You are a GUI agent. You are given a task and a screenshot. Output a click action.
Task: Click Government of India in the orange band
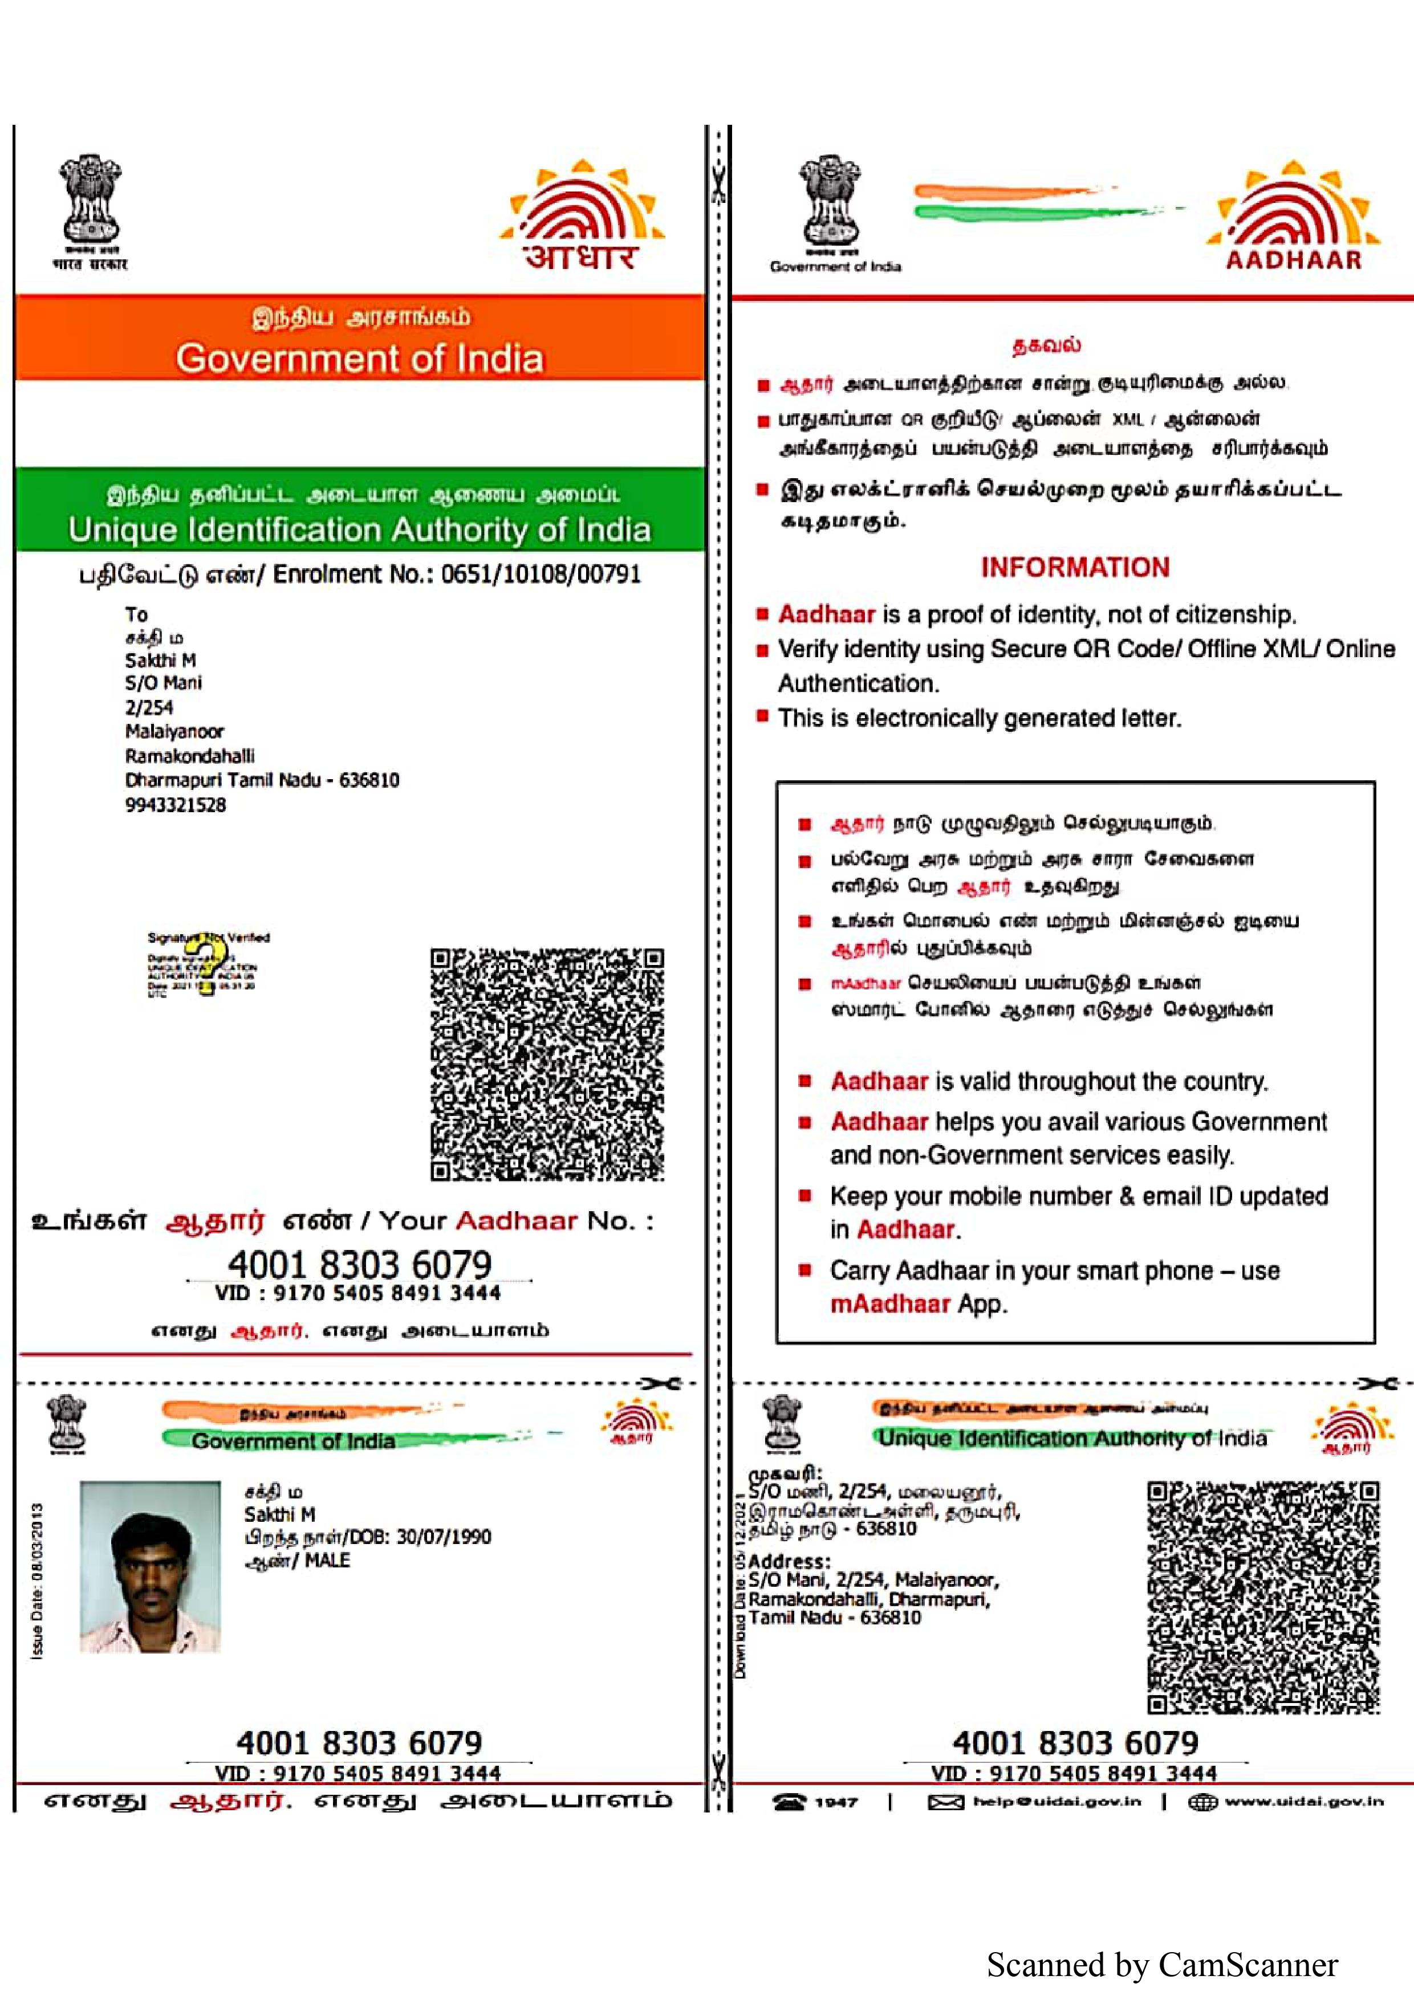pyautogui.click(x=359, y=358)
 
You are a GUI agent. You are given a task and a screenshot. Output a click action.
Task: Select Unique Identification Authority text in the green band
pyautogui.click(x=359, y=529)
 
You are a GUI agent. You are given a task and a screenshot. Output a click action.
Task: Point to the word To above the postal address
pyautogui.click(x=136, y=614)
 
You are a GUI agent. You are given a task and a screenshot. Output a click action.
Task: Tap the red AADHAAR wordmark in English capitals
pyautogui.click(x=1293, y=259)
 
